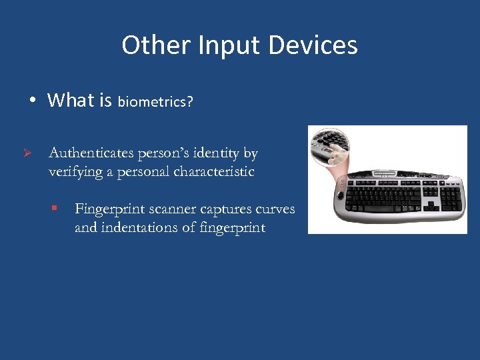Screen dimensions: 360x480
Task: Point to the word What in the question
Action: pos(71,101)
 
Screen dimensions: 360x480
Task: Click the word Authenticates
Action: pos(91,153)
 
